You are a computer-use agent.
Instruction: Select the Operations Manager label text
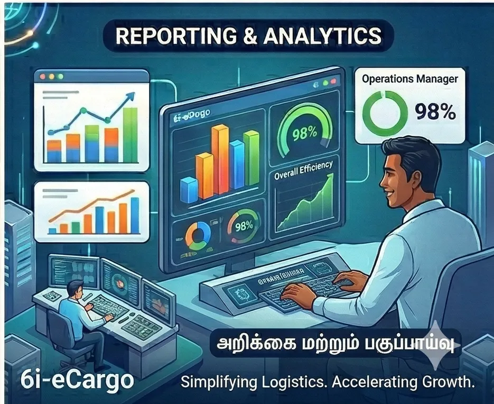[409, 79]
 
